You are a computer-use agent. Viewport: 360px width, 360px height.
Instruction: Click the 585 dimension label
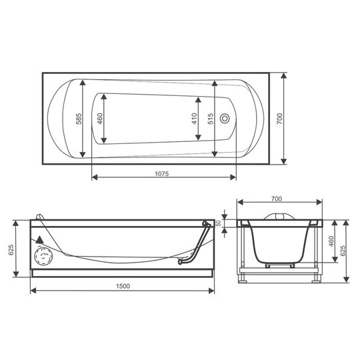point(79,119)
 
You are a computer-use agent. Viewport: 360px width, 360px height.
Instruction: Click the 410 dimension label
point(195,119)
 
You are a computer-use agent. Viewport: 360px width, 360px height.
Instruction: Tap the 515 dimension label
point(211,119)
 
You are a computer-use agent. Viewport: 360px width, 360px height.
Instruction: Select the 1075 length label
point(162,174)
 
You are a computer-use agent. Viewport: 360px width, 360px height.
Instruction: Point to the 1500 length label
point(123,286)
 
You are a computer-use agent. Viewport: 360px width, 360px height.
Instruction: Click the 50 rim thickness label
point(219,223)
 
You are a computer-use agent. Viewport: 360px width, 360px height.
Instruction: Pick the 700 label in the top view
point(279,119)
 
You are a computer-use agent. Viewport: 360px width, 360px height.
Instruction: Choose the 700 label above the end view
point(277,199)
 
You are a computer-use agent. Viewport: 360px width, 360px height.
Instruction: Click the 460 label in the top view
point(100,119)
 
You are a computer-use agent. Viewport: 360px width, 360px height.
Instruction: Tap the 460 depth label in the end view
point(331,241)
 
